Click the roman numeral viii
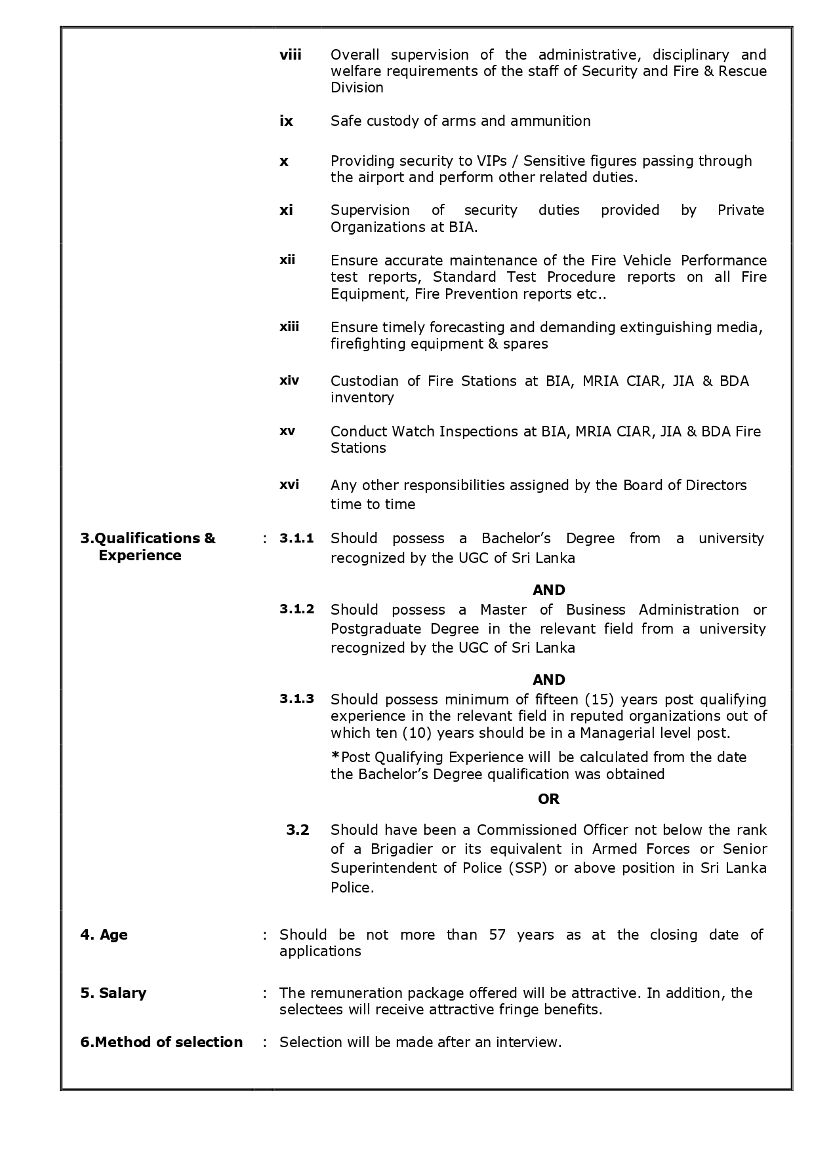(x=290, y=55)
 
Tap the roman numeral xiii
(x=289, y=326)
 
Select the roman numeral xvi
(x=289, y=484)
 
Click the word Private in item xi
(x=741, y=210)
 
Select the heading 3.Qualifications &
(x=148, y=539)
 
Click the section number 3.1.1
(x=296, y=539)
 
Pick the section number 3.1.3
(x=296, y=699)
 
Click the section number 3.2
(x=297, y=830)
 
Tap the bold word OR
(x=548, y=799)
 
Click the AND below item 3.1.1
(x=548, y=590)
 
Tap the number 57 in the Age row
(x=497, y=935)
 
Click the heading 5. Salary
(x=113, y=993)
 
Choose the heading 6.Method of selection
(x=161, y=1043)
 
